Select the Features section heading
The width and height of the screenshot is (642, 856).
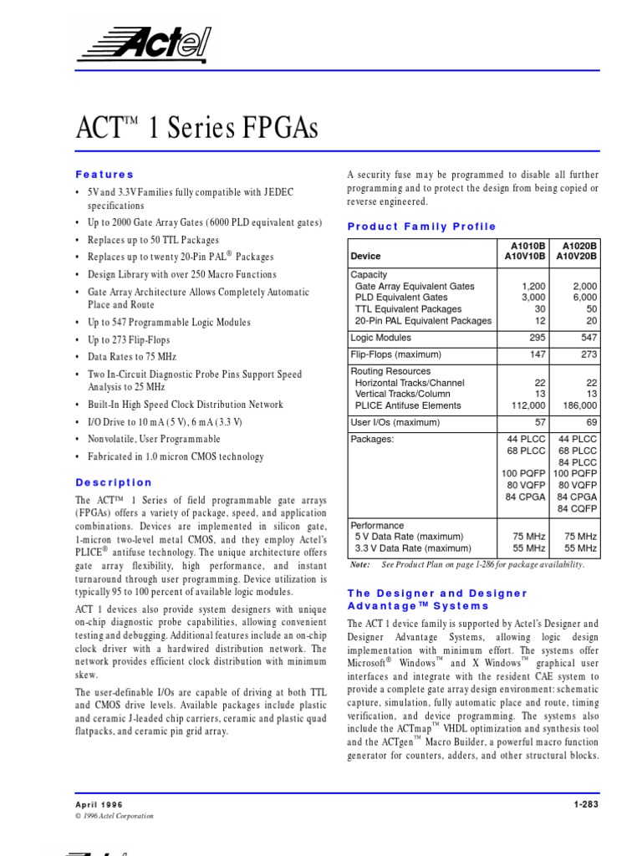[x=104, y=175]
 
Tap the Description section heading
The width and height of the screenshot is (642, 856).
[x=114, y=482]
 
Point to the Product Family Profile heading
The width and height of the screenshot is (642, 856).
[x=421, y=227]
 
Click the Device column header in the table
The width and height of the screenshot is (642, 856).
[x=365, y=257]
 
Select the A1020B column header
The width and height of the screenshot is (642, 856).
[x=579, y=245]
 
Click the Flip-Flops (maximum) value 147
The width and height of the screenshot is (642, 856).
[x=534, y=354]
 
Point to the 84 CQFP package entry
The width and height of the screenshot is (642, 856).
[x=578, y=509]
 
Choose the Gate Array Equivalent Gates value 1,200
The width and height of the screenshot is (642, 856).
[x=532, y=286]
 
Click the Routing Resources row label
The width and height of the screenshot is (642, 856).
[x=390, y=371]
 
